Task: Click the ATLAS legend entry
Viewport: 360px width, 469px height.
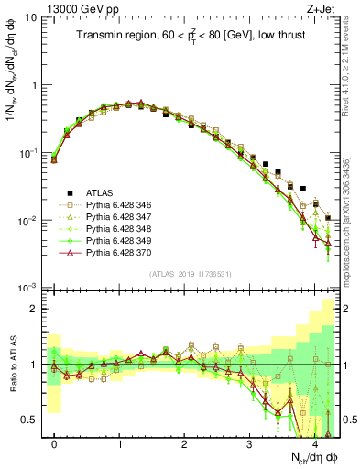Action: (x=101, y=192)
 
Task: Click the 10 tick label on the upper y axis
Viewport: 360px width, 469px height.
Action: (x=30, y=17)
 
